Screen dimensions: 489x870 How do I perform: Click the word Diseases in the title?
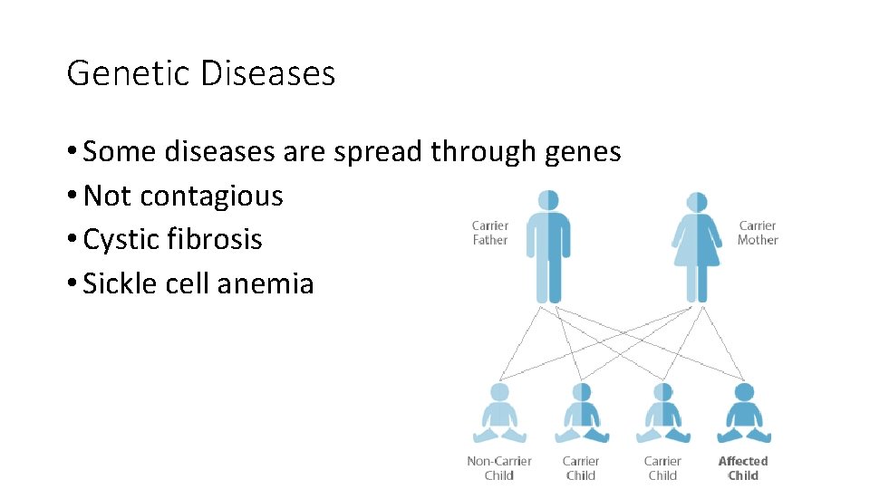click(267, 73)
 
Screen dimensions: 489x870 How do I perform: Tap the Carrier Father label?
click(490, 233)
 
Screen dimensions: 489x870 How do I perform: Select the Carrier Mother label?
click(758, 233)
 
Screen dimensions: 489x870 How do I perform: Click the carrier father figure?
click(548, 254)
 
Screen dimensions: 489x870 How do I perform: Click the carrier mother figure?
click(696, 254)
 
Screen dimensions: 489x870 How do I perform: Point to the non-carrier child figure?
click(498, 415)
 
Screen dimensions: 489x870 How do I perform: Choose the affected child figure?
click(744, 415)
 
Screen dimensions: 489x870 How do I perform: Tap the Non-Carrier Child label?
click(498, 468)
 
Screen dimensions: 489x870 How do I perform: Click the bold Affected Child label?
click(743, 468)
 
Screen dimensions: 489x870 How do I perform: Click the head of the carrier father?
click(548, 200)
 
